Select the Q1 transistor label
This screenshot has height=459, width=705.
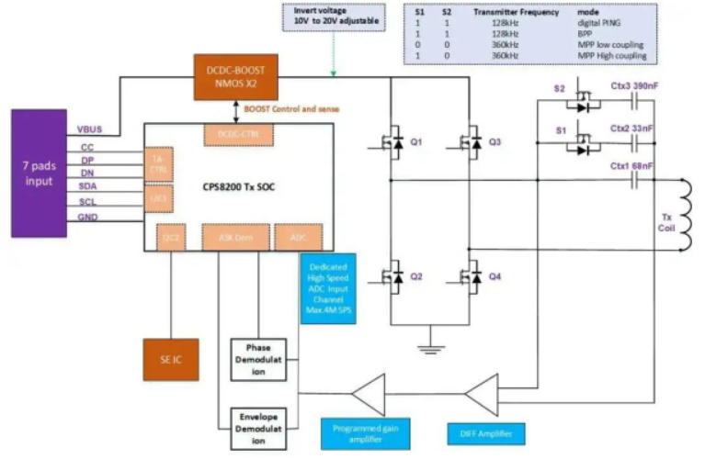coord(415,143)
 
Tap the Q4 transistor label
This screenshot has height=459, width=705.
coord(495,275)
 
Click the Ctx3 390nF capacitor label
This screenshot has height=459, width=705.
coord(635,86)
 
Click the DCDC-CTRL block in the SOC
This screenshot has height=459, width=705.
coord(235,134)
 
